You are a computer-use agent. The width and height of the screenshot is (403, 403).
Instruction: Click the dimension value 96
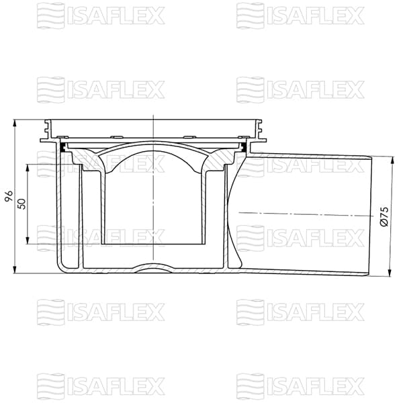(9, 197)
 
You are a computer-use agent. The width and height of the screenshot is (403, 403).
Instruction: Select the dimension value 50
(21, 204)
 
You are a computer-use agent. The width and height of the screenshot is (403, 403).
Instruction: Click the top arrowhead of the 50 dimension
(28, 166)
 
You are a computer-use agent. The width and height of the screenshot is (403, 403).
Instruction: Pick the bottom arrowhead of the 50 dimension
(28, 242)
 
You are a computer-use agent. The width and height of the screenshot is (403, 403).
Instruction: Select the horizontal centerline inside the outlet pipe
(302, 214)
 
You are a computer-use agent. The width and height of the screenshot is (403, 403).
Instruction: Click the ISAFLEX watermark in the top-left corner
(101, 14)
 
